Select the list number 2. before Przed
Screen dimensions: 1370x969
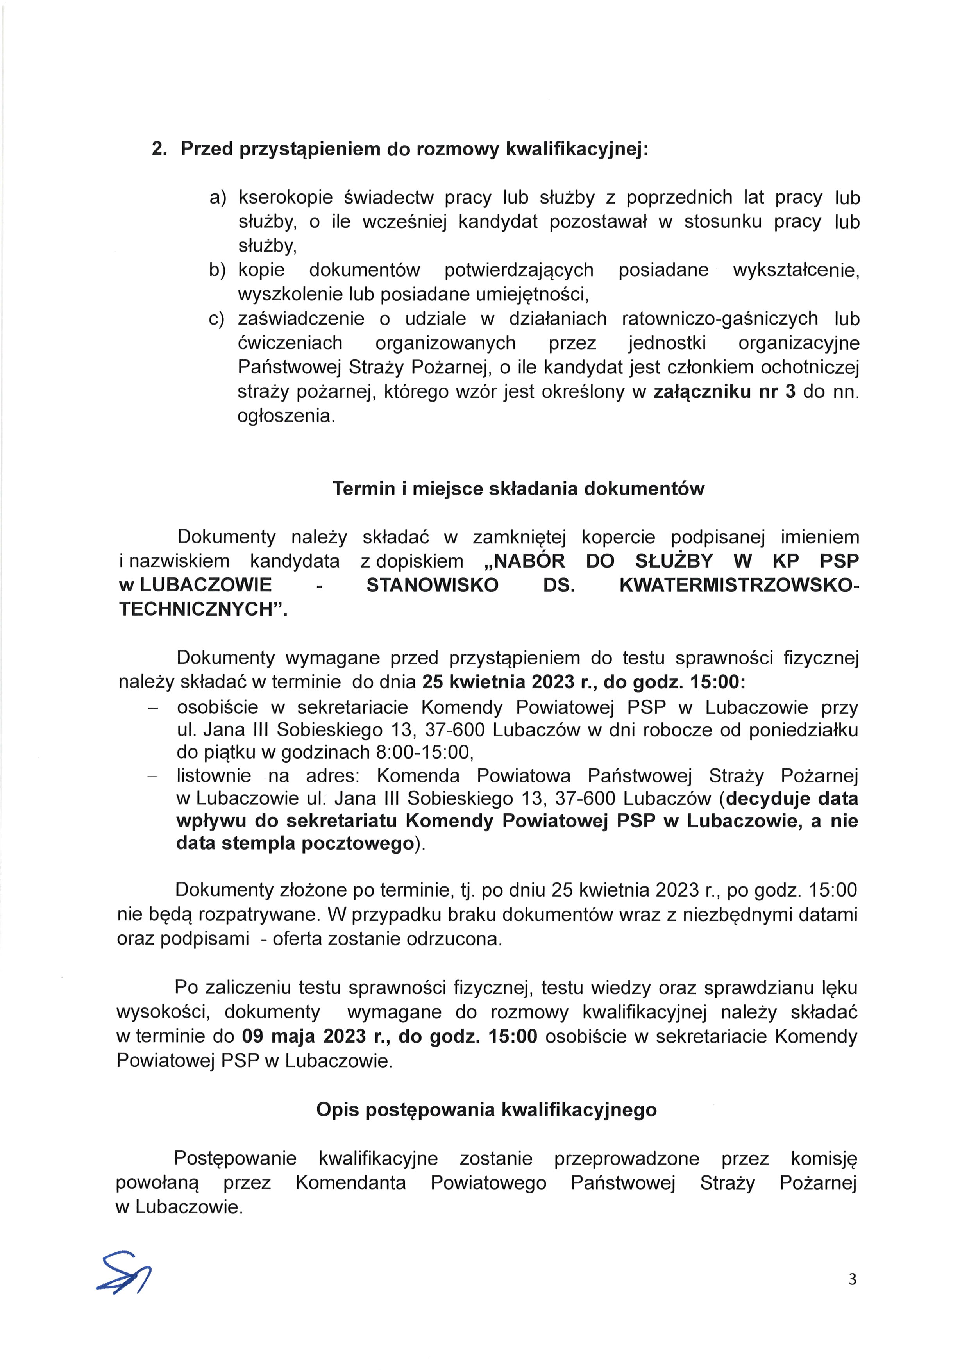(159, 148)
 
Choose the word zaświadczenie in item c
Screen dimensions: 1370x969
(301, 319)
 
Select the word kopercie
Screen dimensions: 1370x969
(618, 537)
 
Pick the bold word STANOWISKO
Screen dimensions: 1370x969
(432, 585)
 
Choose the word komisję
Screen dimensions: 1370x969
(823, 1158)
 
